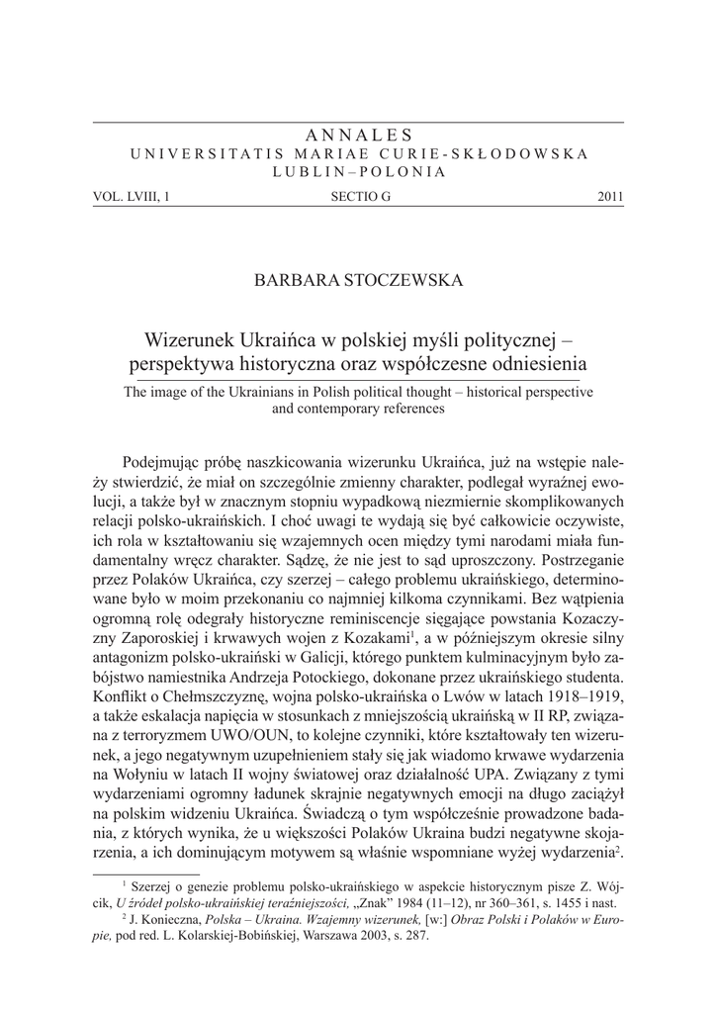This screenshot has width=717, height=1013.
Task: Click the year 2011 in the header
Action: tap(610, 197)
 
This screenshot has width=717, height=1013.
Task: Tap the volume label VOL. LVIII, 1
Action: tap(131, 197)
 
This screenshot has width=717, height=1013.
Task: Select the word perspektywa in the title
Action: tap(176, 364)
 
